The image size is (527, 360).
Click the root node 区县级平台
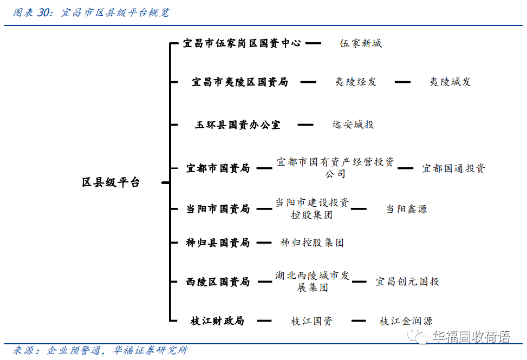click(x=110, y=182)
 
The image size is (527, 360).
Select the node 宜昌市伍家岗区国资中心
click(x=242, y=43)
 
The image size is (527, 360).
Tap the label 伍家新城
click(x=361, y=43)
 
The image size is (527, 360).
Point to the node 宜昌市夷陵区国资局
click(x=239, y=82)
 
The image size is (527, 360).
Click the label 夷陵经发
click(x=355, y=82)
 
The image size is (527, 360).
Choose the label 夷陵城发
click(x=450, y=82)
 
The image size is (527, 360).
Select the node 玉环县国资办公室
click(x=238, y=125)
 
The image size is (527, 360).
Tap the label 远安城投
click(x=353, y=125)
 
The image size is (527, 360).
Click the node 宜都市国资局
click(x=218, y=168)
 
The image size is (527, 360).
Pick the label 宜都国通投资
click(x=453, y=168)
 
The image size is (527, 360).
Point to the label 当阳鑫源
click(x=406, y=209)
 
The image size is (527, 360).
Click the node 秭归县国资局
click(x=218, y=243)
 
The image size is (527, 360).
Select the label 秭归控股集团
click(x=312, y=243)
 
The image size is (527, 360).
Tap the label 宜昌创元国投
click(x=407, y=282)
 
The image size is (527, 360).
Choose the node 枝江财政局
click(x=217, y=321)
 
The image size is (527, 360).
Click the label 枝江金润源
click(x=406, y=322)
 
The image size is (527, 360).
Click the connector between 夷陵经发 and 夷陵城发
click(x=402, y=82)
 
